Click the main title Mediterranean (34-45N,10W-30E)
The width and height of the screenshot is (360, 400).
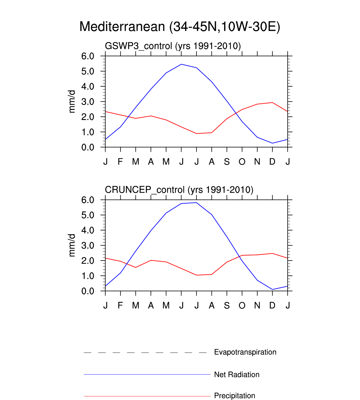(x=180, y=27)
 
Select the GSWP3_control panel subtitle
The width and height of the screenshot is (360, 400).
(x=173, y=46)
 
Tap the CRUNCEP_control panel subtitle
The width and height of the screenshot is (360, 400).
(x=179, y=190)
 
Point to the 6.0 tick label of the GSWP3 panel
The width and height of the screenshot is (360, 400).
(x=88, y=56)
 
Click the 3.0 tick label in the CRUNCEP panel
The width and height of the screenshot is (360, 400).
(x=88, y=246)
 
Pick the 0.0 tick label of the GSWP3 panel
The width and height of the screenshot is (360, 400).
(x=88, y=147)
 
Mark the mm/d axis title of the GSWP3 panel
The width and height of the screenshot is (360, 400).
(x=72, y=101)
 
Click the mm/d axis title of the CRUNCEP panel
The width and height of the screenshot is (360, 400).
(x=72, y=245)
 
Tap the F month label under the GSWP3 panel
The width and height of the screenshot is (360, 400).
(x=120, y=162)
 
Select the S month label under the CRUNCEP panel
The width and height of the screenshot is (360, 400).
(x=227, y=306)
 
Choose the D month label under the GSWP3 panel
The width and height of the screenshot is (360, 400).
(x=272, y=162)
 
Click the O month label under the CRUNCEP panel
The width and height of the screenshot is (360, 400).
(x=242, y=306)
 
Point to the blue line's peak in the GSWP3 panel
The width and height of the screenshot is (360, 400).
(x=181, y=64)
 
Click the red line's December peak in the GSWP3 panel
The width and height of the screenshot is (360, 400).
(x=272, y=102)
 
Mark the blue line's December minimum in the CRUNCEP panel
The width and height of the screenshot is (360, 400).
(x=272, y=289)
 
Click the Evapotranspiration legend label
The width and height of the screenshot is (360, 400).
(x=245, y=352)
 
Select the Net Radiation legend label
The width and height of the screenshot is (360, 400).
(x=236, y=374)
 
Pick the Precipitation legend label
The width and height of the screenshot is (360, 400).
(x=234, y=396)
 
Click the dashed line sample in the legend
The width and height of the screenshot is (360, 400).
(x=146, y=352)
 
